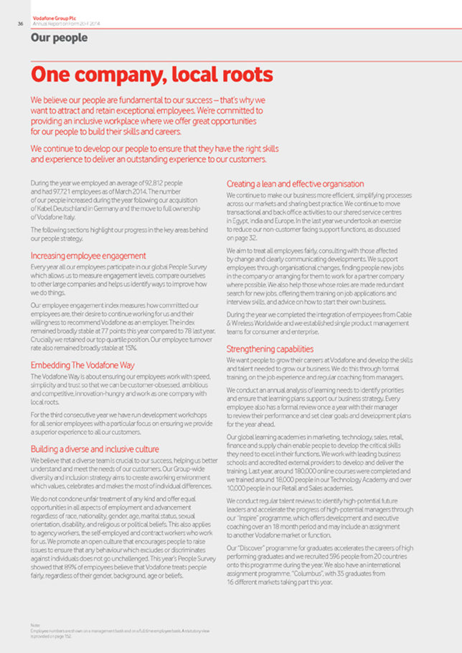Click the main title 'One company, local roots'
click(151, 75)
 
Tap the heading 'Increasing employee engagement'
click(88, 255)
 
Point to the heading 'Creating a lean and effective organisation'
click(295, 184)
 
